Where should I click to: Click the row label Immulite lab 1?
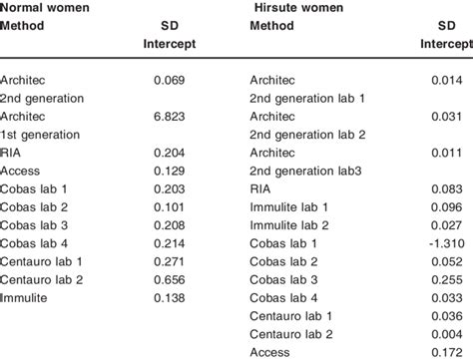[287, 206]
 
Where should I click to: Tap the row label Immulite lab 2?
[287, 225]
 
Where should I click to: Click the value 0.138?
[175, 298]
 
